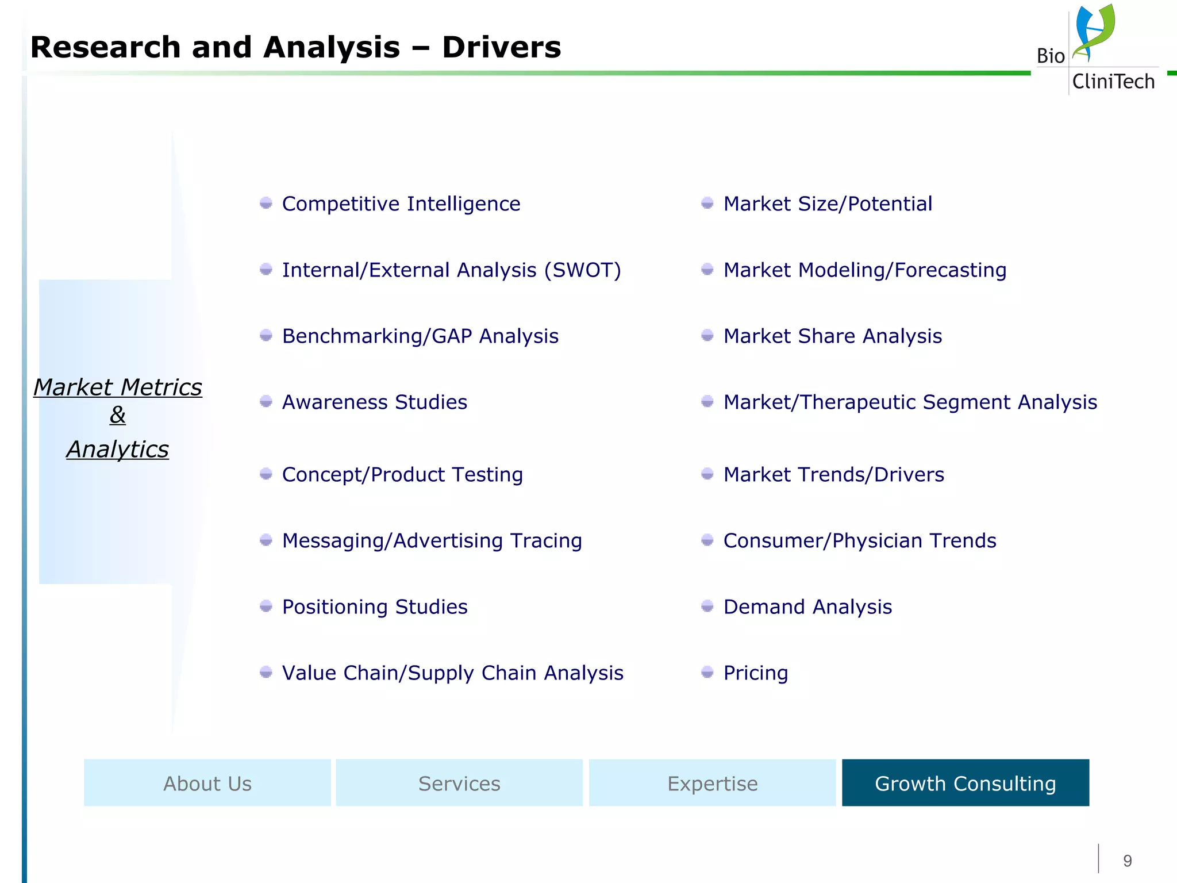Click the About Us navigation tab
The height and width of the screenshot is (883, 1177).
click(x=207, y=783)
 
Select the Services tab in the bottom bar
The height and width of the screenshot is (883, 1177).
click(x=459, y=783)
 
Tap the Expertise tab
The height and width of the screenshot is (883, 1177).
click(x=712, y=783)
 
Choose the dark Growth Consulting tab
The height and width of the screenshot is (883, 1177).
click(x=966, y=783)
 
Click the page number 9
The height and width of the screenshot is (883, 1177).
click(x=1127, y=861)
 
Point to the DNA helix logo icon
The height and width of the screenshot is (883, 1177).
click(x=1093, y=32)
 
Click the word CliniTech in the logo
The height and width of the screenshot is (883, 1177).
click(x=1113, y=82)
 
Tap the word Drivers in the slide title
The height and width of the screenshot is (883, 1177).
click(x=501, y=47)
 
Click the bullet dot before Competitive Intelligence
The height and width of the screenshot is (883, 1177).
click(x=266, y=203)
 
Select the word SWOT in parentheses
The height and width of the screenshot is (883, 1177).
click(x=583, y=270)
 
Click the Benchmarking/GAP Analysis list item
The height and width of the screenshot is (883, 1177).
click(x=420, y=336)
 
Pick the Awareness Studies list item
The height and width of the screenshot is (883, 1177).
click(x=374, y=402)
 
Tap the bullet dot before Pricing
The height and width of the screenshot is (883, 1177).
click(x=707, y=672)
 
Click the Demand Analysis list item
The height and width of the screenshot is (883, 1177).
click(x=807, y=607)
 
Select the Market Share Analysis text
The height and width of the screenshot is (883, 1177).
click(x=832, y=336)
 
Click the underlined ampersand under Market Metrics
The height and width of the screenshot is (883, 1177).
click(x=118, y=414)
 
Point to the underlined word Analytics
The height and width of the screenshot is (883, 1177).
click(x=118, y=450)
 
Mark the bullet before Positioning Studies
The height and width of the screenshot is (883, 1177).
click(x=266, y=606)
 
